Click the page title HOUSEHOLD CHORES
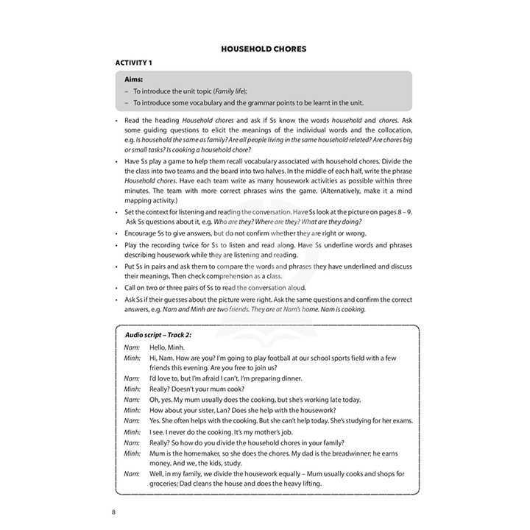[x=264, y=49]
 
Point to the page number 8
[x=113, y=512]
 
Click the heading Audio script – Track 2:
[x=163, y=336]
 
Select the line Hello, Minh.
[x=167, y=347]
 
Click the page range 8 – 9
[x=397, y=212]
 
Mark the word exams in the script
[x=399, y=421]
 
